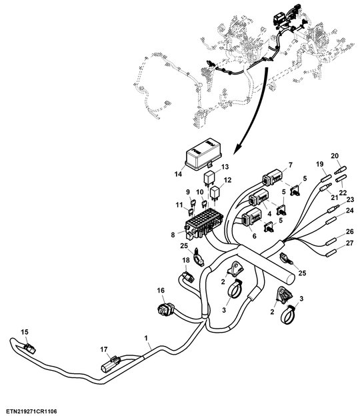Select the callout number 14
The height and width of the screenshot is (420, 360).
[x=177, y=175]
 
